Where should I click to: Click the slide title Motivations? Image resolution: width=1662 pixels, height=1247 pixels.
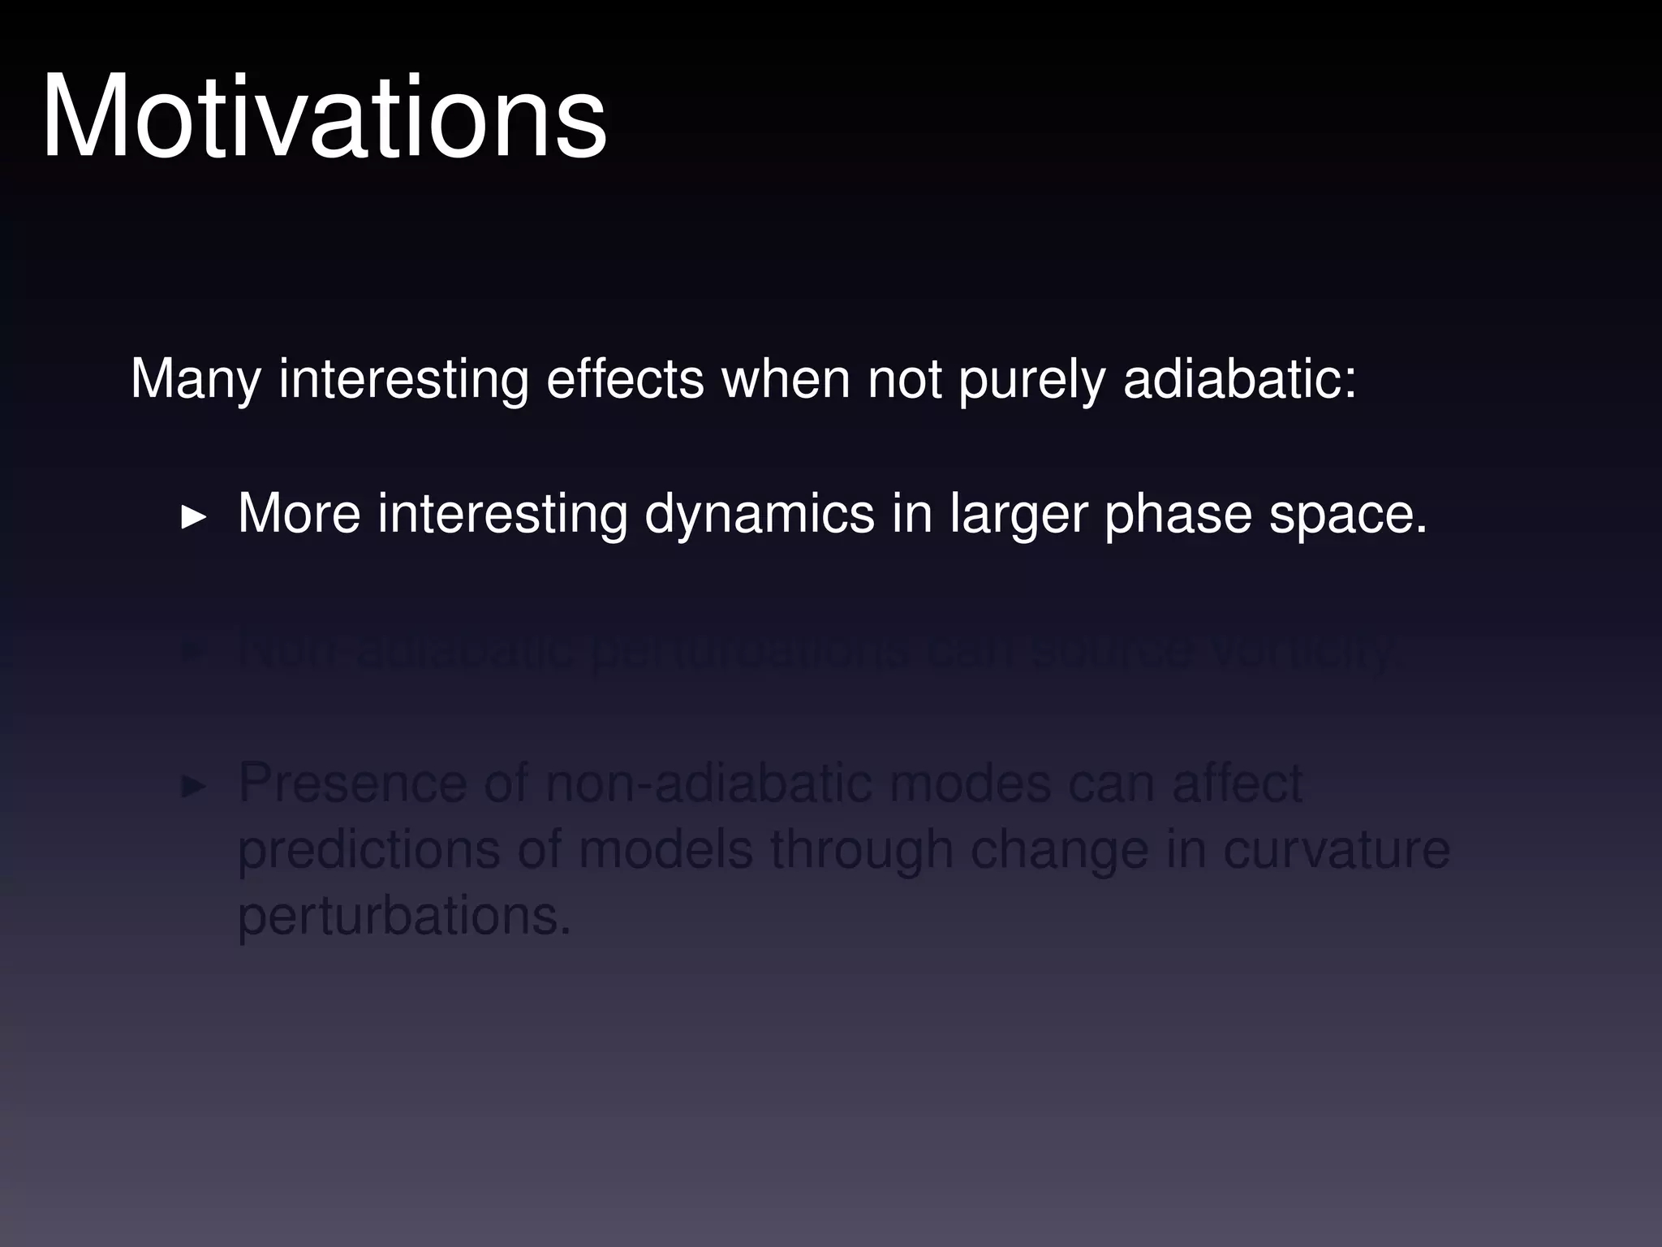(x=324, y=118)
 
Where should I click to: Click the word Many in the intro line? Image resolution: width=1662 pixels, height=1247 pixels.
(x=195, y=379)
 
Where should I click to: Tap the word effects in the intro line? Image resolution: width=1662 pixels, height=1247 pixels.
(x=625, y=379)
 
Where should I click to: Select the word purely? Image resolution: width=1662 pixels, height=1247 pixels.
(x=1031, y=379)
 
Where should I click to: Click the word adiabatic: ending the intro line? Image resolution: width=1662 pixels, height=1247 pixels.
(x=1239, y=379)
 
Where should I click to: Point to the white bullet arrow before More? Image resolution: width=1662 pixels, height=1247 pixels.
(x=193, y=516)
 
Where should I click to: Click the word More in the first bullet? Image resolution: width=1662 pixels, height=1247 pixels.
(x=299, y=514)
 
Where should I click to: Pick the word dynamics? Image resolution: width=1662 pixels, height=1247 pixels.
(x=760, y=514)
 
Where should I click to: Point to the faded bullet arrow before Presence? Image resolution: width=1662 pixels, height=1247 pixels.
(x=193, y=786)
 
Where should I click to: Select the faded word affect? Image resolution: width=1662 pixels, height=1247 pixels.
(x=1237, y=784)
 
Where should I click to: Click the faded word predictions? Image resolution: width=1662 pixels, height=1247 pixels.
(x=369, y=851)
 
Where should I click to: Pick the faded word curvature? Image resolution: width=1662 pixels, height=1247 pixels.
(x=1336, y=851)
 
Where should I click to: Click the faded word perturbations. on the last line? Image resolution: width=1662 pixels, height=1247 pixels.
(x=404, y=917)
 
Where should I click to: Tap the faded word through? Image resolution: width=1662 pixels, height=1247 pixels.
(x=862, y=851)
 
